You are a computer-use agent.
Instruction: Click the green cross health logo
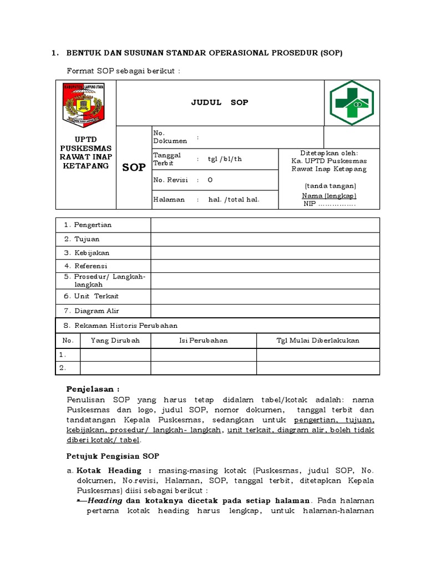(351, 103)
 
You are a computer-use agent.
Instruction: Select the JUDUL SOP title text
(220, 103)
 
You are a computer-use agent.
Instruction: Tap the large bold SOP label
(134, 167)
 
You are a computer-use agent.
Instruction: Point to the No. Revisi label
(170, 180)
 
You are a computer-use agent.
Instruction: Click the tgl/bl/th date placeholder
(225, 159)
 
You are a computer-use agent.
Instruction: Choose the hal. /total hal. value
(234, 200)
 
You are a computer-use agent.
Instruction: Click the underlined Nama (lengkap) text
(329, 196)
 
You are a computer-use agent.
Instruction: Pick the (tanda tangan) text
(330, 186)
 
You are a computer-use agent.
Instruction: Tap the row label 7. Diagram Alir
(91, 311)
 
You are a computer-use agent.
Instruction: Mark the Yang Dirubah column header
(115, 341)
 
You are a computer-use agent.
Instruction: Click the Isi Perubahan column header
(203, 341)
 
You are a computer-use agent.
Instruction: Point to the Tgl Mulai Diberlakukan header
(318, 341)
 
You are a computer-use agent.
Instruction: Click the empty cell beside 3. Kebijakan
(265, 253)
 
